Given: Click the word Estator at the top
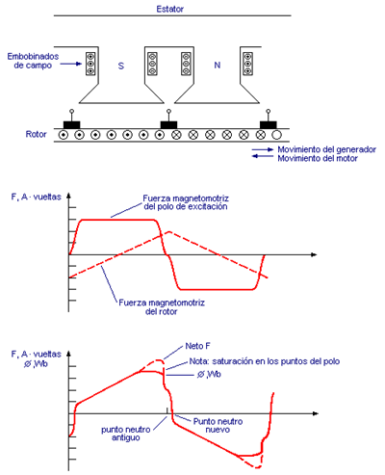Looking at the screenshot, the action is point(169,9).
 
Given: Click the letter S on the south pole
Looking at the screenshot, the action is point(121,66).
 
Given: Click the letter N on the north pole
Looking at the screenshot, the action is point(218,66).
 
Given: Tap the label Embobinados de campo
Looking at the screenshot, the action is point(33,61).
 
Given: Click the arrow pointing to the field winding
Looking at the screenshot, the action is point(71,64).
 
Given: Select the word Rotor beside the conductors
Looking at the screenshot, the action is point(36,134).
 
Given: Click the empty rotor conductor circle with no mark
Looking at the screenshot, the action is point(276,135).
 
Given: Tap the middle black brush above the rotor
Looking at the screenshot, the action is point(168,125).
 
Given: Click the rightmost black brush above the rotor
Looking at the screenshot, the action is point(269,125).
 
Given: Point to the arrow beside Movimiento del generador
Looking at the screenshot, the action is point(263,149).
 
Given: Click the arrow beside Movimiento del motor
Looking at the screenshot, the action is point(263,156).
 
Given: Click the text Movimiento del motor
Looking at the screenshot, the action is point(318,158).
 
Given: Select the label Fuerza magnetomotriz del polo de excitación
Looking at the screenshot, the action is point(186,202).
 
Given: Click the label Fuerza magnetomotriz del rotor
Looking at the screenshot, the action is point(162,307).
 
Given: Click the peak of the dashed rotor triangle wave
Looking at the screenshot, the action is point(169,231).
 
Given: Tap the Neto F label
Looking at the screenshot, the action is point(198,346).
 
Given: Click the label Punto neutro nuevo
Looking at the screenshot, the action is point(218,426).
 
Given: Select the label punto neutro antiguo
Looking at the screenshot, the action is point(126,434).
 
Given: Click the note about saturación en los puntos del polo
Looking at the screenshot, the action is point(265,361).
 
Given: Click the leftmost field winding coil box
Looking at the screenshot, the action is point(90,64).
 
